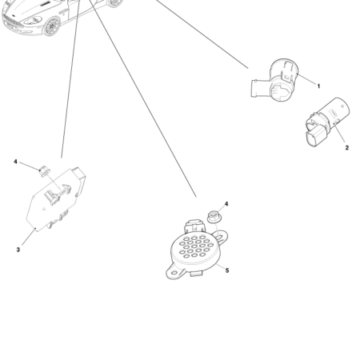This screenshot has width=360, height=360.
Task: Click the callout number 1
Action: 318,86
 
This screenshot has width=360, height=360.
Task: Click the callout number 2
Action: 346,147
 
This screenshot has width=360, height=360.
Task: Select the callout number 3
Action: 18,250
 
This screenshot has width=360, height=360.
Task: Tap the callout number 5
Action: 227,270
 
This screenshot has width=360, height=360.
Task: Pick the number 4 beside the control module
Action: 15,162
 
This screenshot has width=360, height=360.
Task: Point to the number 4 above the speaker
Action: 226,204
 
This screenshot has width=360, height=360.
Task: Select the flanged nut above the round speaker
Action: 214,216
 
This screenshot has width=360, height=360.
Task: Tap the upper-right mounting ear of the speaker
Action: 226,234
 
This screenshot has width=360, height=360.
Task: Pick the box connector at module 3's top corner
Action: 80,178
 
